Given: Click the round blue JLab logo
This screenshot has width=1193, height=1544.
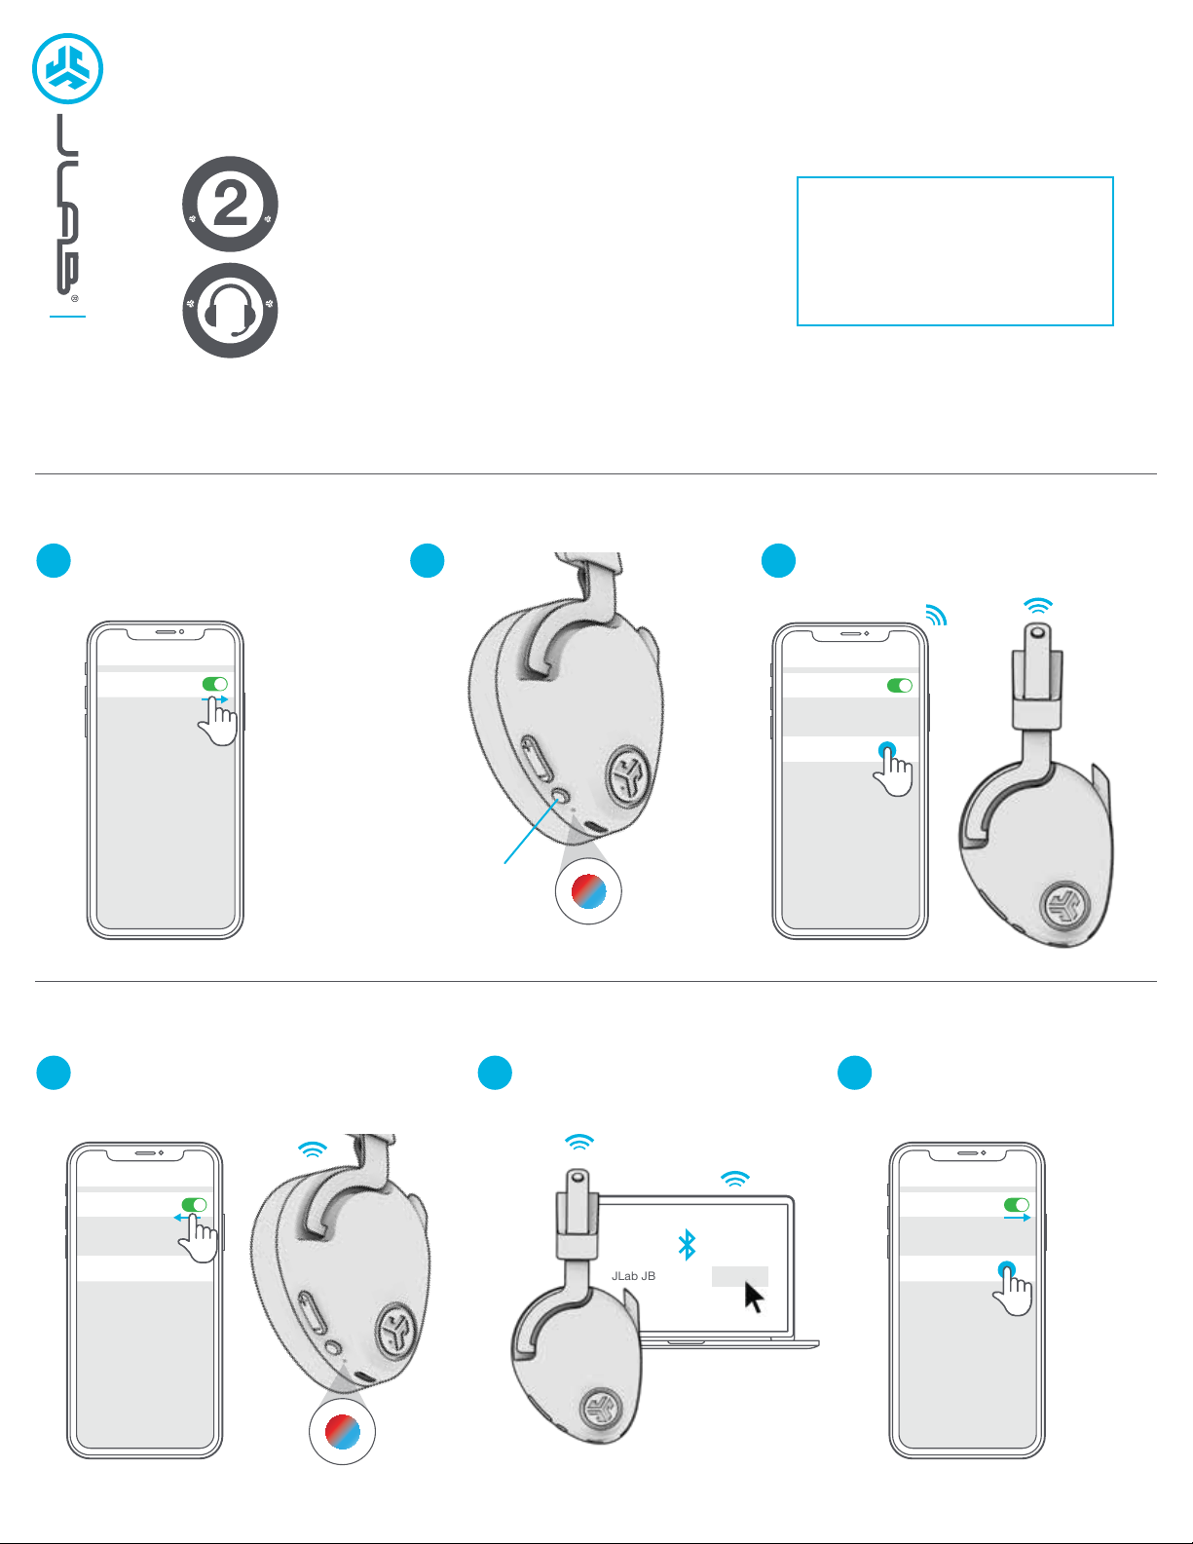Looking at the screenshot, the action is [67, 68].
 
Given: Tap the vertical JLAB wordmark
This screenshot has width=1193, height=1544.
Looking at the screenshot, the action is [67, 205].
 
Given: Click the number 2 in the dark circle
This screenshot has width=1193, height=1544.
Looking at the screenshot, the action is [230, 204].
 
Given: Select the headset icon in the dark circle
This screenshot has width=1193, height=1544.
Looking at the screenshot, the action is [230, 310].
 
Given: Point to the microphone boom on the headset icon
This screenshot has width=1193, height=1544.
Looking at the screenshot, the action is [242, 330].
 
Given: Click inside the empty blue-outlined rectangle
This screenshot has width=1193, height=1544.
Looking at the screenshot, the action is [954, 250].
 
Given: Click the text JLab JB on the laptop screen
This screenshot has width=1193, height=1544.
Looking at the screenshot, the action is [633, 1275].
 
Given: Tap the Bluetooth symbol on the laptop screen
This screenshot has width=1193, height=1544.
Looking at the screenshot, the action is [687, 1244].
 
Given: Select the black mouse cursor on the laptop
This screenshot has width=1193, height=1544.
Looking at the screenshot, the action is [754, 1298].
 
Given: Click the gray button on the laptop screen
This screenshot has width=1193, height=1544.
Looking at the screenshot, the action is [739, 1276].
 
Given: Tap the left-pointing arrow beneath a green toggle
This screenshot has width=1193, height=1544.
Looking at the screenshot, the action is [187, 1217].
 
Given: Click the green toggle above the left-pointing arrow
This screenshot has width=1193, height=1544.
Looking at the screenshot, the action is [194, 1204].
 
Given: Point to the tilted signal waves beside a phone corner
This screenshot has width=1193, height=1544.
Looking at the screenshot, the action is [937, 615].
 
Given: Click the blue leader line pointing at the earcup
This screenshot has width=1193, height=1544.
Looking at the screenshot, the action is [532, 831].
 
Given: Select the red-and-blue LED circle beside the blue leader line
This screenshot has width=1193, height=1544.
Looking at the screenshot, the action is [588, 891].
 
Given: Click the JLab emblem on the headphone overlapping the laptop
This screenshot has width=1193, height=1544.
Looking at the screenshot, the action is [602, 1408].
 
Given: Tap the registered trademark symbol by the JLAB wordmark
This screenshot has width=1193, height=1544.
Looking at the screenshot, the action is [75, 299].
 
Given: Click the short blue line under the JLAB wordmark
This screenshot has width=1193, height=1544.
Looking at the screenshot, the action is [67, 317].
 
